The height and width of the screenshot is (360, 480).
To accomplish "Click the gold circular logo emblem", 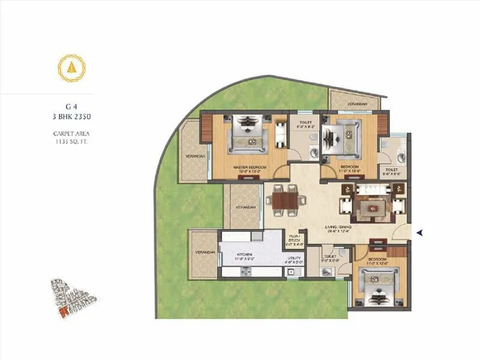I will [71, 68].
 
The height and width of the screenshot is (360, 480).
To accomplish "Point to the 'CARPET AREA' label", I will [71, 133].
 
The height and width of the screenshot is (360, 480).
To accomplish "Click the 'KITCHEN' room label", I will [245, 255].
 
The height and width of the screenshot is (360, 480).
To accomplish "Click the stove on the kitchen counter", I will [247, 272].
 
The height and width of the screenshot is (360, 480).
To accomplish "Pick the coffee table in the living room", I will [370, 208].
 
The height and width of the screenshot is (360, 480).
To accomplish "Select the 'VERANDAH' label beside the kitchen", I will [205, 253].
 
